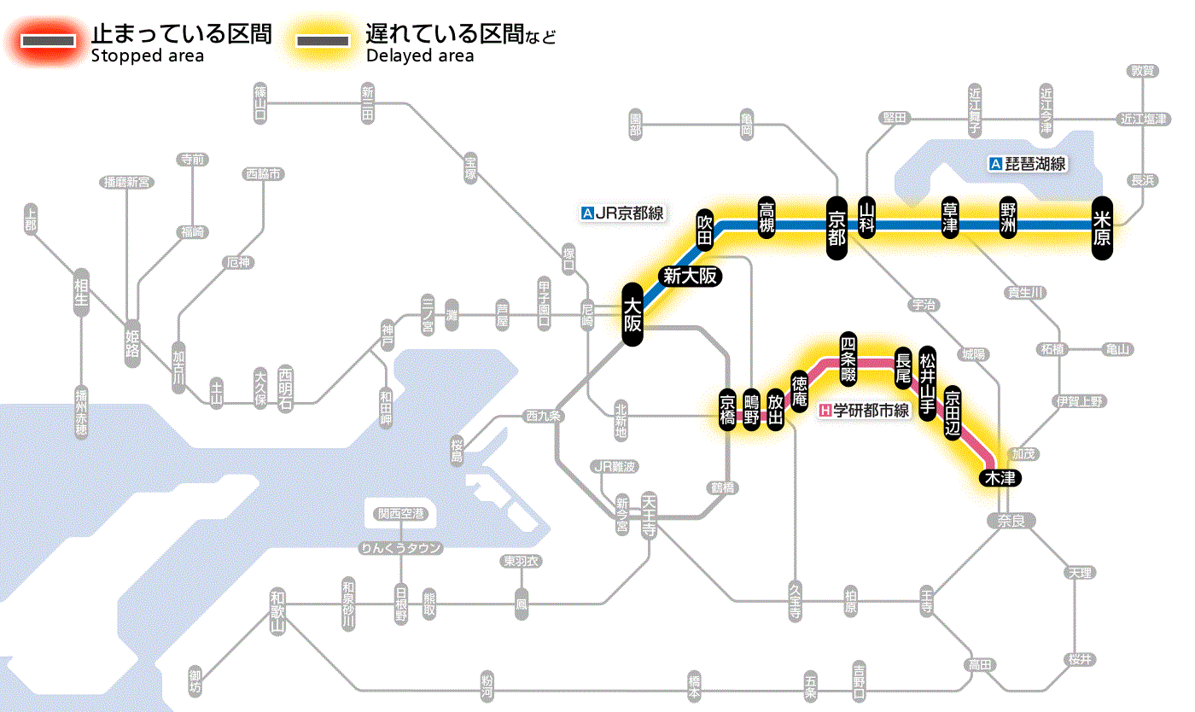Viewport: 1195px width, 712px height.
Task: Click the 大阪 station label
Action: click(x=632, y=315)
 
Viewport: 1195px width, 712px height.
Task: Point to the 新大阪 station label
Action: click(x=690, y=276)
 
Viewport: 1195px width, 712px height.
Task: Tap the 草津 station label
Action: click(x=951, y=219)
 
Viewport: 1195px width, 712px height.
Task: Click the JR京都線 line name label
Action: click(x=621, y=213)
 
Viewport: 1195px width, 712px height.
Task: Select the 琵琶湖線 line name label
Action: click(x=1028, y=164)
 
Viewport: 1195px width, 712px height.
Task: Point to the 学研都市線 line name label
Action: click(x=864, y=411)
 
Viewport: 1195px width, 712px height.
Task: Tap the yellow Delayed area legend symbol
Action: click(x=322, y=41)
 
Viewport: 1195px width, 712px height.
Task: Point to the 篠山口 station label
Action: click(x=260, y=102)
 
